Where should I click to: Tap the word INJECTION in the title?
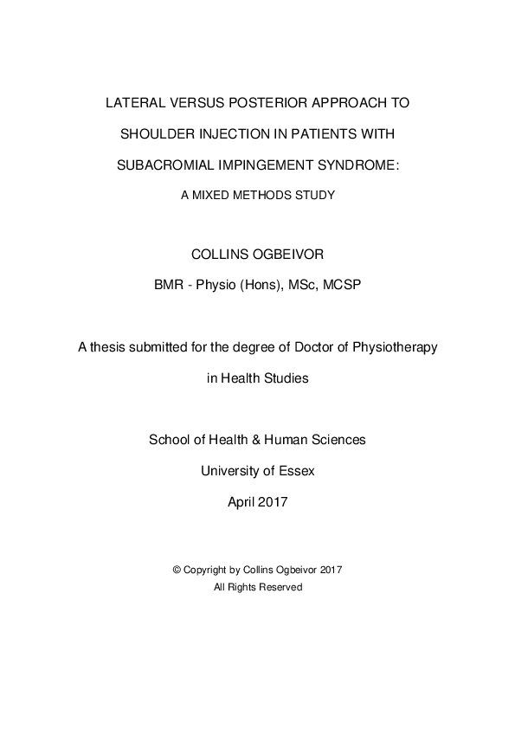[x=233, y=134]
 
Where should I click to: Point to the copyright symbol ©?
[x=177, y=571]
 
